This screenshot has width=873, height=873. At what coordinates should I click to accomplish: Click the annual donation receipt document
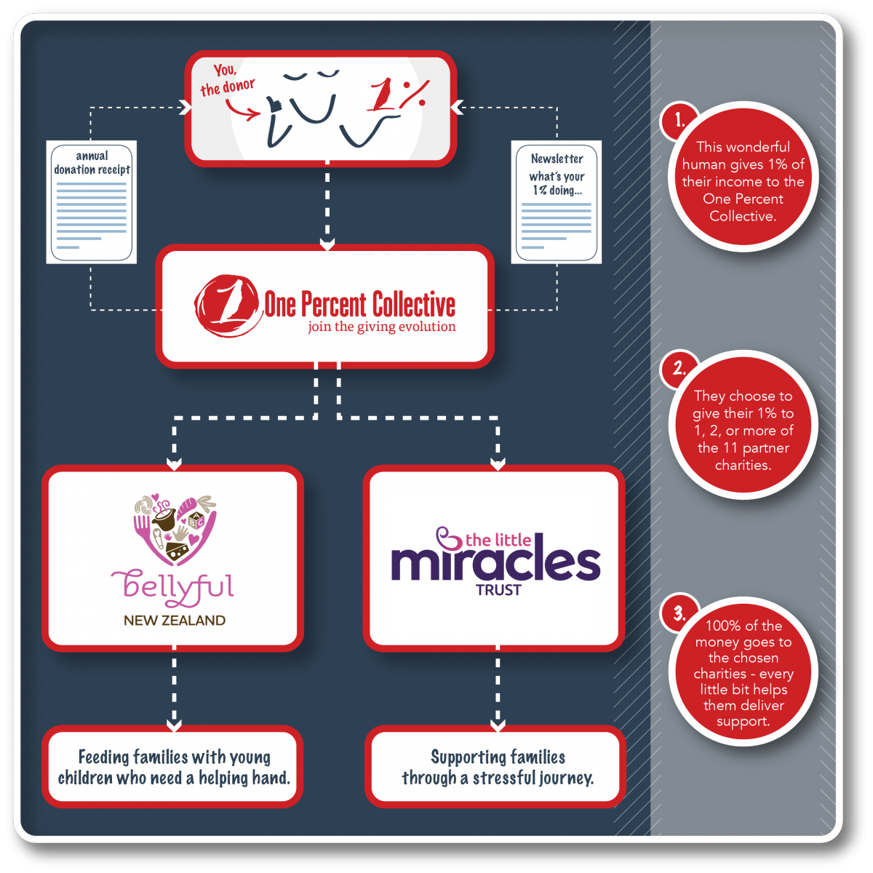(92, 202)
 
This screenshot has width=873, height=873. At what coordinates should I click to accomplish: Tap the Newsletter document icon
(557, 202)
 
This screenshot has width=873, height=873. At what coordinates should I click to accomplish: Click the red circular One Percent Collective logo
(228, 306)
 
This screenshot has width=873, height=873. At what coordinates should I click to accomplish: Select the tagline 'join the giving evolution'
(381, 327)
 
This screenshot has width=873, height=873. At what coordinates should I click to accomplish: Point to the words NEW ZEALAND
(175, 621)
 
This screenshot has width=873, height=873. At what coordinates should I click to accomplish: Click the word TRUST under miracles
(498, 590)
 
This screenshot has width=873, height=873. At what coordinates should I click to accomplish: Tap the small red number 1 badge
(679, 121)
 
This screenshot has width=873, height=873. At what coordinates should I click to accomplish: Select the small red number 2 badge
(679, 368)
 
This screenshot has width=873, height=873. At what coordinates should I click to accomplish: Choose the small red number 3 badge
(679, 613)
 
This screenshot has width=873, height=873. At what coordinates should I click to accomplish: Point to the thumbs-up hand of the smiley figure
(274, 105)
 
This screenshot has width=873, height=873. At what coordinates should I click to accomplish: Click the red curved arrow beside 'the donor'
(243, 110)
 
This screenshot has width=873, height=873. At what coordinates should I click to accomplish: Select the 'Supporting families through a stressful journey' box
(497, 768)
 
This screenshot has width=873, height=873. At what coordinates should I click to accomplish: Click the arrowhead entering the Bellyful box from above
(175, 463)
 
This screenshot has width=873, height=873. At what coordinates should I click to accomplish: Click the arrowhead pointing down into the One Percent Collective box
(327, 244)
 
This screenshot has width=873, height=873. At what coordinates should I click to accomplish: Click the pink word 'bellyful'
(172, 588)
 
